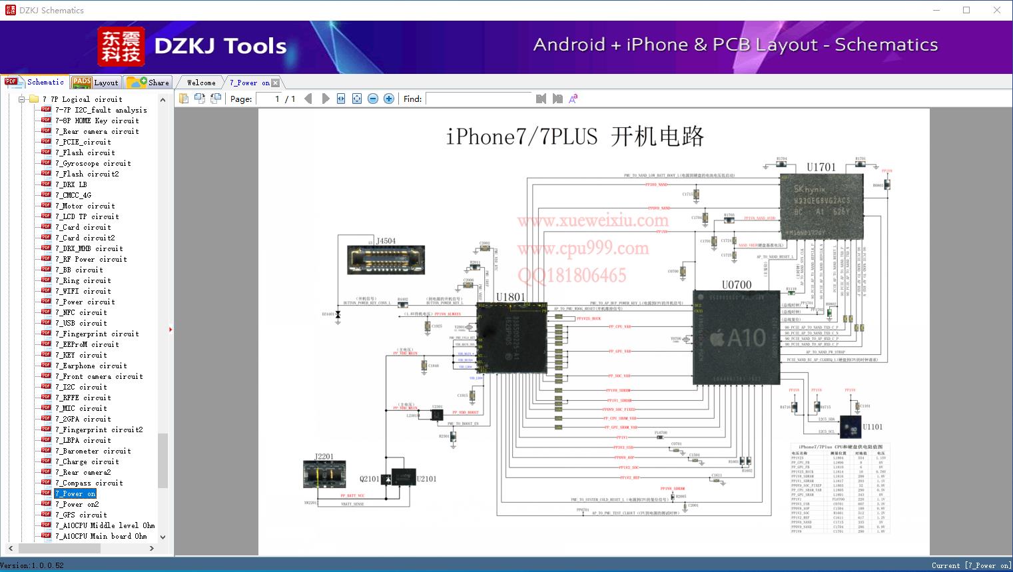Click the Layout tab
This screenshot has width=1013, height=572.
click(x=97, y=83)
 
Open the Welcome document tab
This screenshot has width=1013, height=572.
click(x=201, y=83)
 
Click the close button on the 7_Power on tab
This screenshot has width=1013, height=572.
click(x=276, y=83)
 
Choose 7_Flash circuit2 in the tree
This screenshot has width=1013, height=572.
click(x=87, y=174)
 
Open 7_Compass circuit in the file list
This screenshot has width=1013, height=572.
click(x=89, y=483)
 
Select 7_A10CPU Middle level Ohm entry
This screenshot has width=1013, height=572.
click(x=105, y=525)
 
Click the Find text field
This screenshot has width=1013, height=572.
click(x=479, y=99)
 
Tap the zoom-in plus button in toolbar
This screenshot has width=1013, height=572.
click(x=389, y=99)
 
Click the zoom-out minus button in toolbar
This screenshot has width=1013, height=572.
click(x=373, y=99)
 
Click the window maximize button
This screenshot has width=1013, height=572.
click(x=966, y=10)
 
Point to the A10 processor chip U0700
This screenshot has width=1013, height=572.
click(x=736, y=338)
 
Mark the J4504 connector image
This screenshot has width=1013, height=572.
click(x=376, y=260)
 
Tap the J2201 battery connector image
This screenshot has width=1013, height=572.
click(x=324, y=474)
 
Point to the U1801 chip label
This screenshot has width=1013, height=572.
click(x=510, y=297)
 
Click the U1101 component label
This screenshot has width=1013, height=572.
click(x=872, y=427)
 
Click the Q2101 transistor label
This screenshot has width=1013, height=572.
click(x=370, y=479)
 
